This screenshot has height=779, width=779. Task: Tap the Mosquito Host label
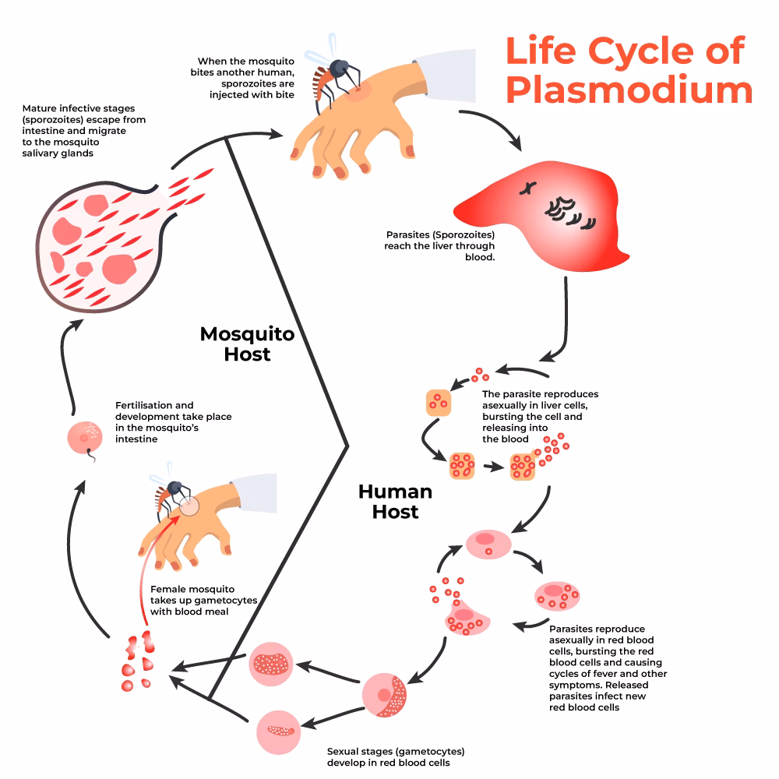coord(247,344)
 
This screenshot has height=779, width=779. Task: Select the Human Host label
coord(395,502)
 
